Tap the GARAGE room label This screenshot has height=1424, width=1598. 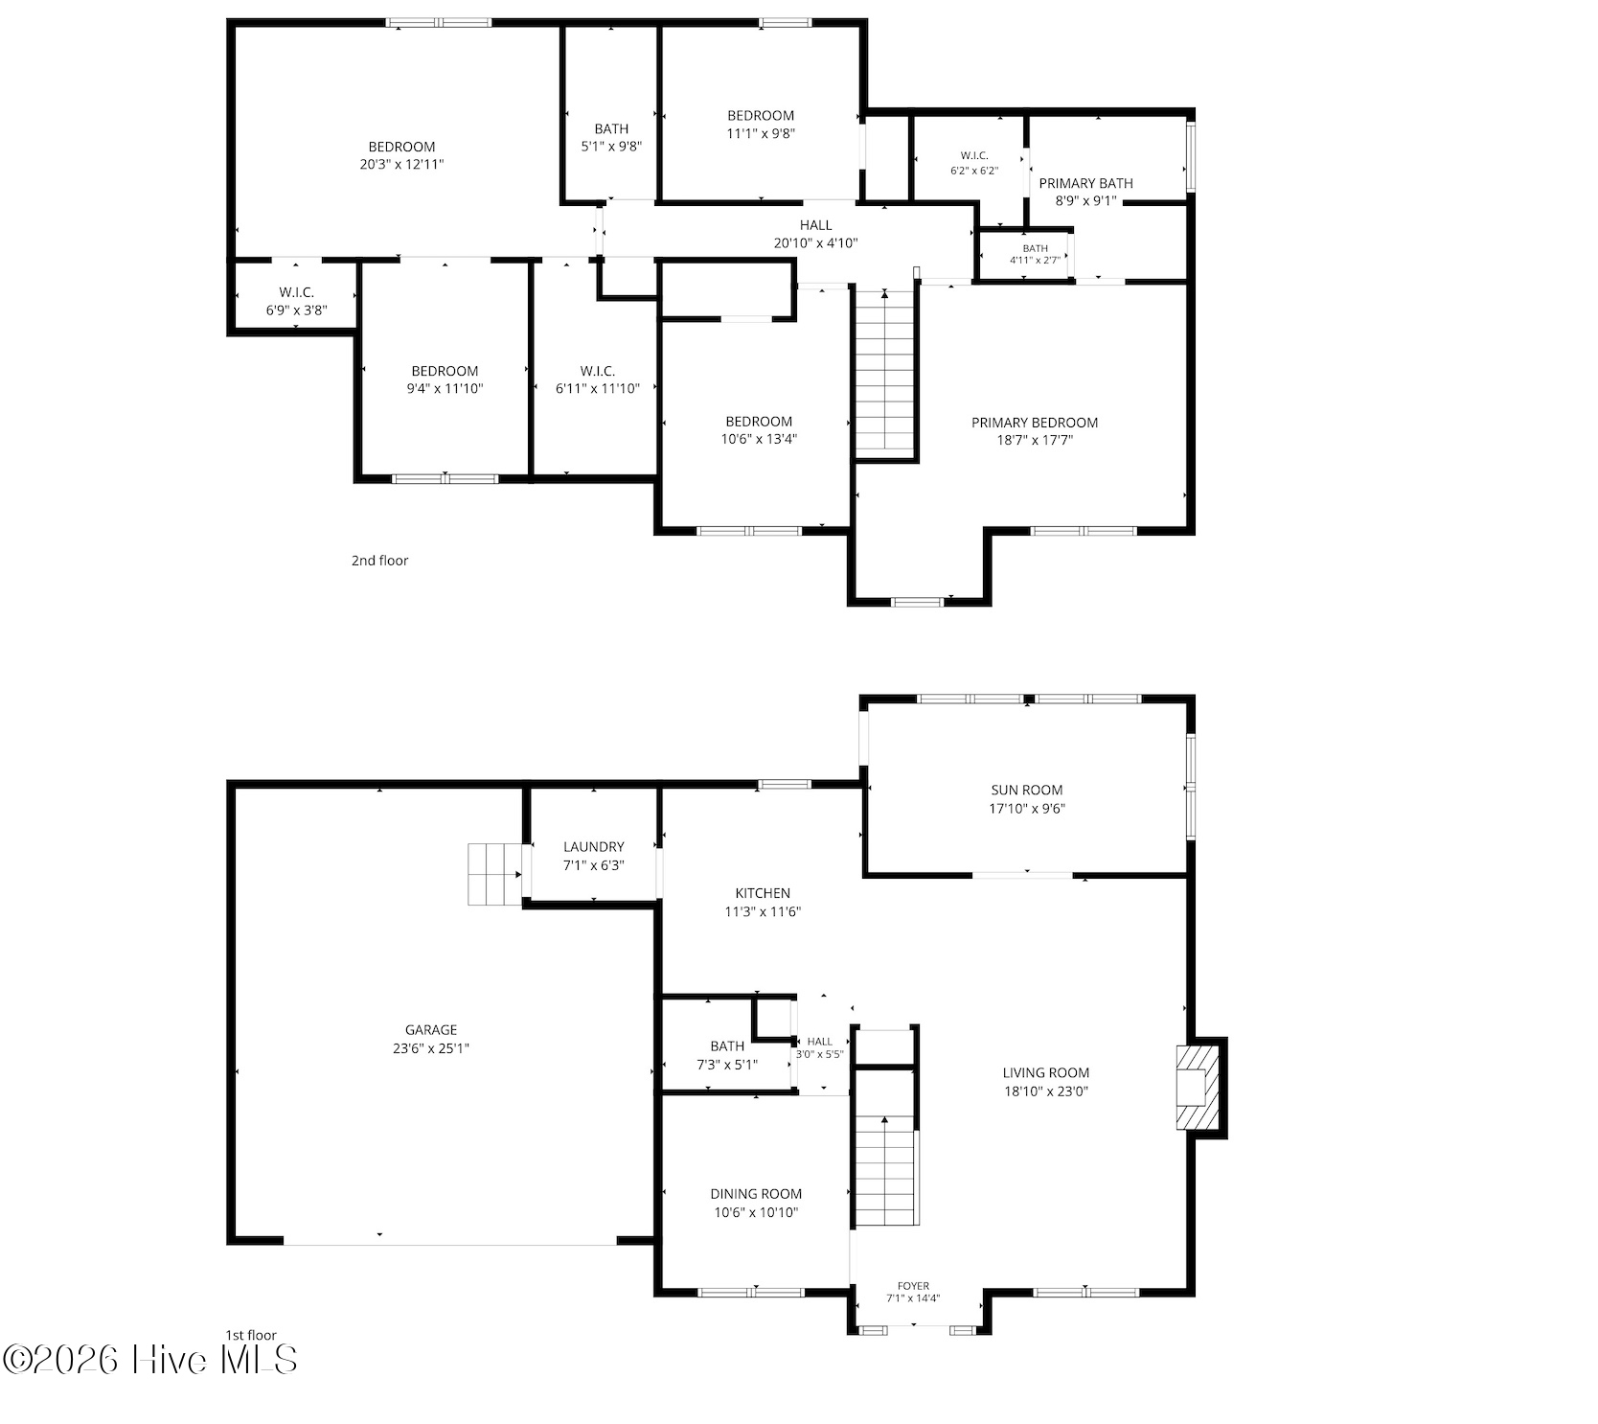431,1030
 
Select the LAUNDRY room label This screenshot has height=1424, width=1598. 594,847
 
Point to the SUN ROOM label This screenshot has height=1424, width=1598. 1027,791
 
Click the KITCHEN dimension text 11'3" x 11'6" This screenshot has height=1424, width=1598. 763,911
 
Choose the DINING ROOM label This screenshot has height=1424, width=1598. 756,1194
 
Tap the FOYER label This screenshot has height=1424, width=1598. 914,1286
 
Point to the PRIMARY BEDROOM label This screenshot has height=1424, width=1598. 1035,423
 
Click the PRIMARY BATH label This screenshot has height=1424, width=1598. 1086,183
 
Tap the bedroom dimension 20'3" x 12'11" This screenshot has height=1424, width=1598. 401,164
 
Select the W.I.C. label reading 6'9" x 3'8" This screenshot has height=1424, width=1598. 297,301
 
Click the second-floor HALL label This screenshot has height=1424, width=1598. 816,225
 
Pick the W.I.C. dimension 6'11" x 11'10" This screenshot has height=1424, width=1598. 598,388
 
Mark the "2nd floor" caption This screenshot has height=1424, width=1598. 379,561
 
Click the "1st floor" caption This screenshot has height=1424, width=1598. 251,1335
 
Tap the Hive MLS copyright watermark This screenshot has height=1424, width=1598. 151,1359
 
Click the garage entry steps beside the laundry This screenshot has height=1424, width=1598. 494,874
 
